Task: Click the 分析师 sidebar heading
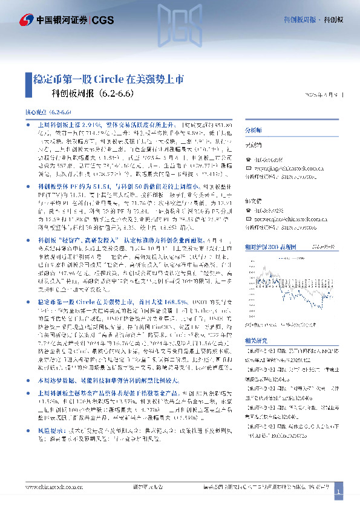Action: point(253,130)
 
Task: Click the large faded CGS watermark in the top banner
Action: point(180,27)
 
